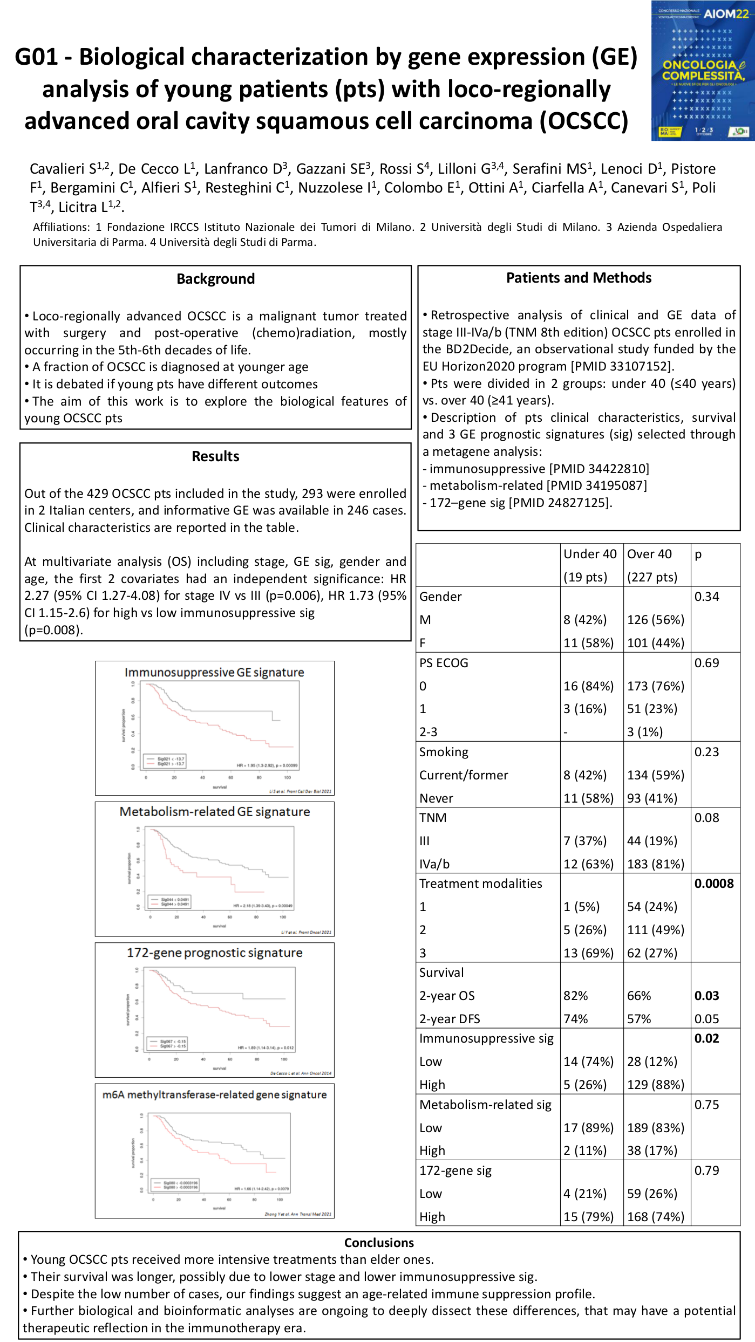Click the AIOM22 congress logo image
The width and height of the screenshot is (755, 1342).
click(702, 71)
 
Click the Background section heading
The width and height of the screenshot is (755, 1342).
click(215, 279)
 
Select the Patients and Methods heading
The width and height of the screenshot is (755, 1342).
click(579, 278)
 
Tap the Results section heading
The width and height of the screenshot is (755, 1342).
click(215, 456)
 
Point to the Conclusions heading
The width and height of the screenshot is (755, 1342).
click(379, 1243)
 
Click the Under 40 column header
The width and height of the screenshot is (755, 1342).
click(590, 554)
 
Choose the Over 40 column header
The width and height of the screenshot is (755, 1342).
click(649, 554)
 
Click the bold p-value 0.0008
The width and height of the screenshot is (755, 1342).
click(713, 884)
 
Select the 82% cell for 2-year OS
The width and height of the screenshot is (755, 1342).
click(576, 996)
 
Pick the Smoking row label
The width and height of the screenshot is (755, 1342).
click(444, 752)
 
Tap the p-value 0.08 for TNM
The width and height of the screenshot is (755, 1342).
click(706, 818)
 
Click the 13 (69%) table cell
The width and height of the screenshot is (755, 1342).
click(588, 953)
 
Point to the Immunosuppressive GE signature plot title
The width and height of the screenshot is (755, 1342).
click(214, 673)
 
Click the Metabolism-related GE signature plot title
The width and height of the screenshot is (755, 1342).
click(215, 812)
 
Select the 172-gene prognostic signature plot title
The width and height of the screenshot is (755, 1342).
click(215, 953)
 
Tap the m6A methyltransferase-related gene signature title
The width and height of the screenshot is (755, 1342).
click(215, 1094)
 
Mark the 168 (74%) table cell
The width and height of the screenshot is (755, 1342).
click(655, 1217)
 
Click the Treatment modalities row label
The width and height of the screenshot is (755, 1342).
click(480, 884)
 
